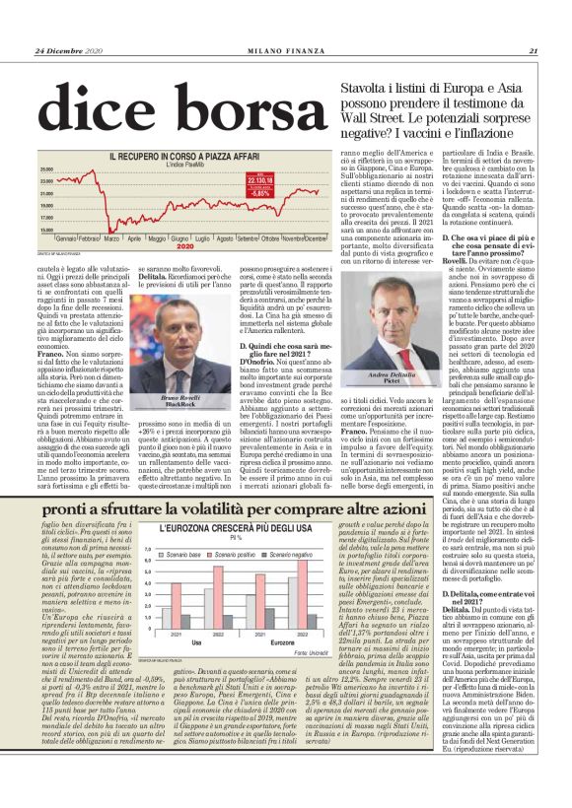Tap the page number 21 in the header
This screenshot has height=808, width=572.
pyautogui.click(x=533, y=51)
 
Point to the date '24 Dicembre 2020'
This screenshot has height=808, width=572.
pyautogui.click(x=70, y=51)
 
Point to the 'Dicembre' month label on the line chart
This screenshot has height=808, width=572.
pyautogui.click(x=316, y=238)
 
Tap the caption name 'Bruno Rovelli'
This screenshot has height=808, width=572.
pyautogui.click(x=176, y=396)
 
